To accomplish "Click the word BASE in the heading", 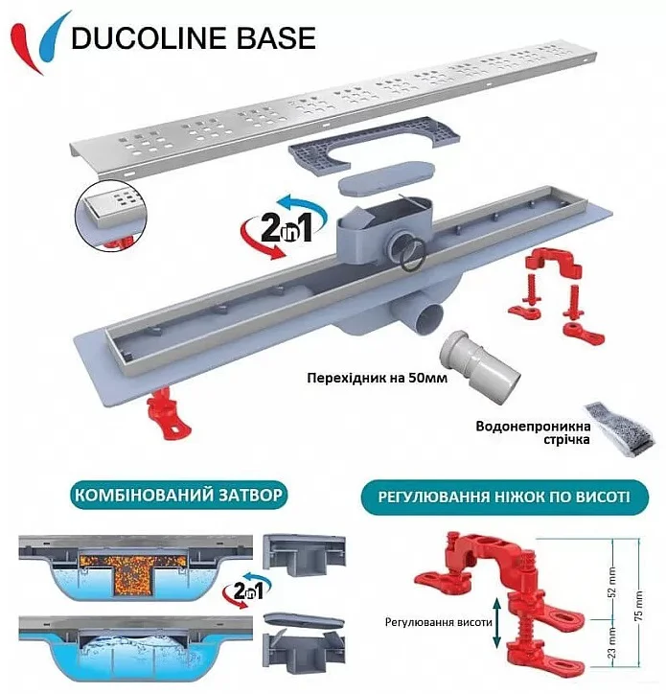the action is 277,37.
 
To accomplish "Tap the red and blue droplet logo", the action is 40,42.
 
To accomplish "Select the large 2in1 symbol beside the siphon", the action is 284,226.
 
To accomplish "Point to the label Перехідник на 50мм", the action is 377,378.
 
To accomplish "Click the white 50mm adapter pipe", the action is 479,367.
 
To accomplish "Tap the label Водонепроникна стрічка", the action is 533,432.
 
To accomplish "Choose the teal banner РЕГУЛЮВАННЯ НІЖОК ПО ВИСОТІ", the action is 505,497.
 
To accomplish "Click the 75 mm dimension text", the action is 639,606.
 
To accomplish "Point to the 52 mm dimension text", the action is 612,583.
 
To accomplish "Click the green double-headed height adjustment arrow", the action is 496,622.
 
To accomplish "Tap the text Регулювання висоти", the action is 439,622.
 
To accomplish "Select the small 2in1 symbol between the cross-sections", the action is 247,590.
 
